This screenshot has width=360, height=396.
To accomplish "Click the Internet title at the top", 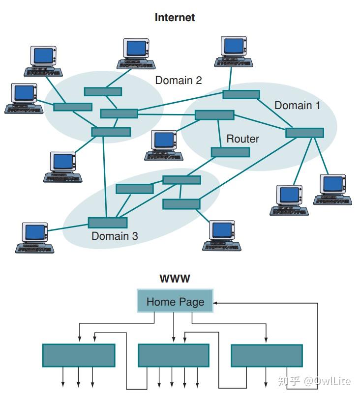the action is [175, 18].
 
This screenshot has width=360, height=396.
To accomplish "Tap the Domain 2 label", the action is [179, 80].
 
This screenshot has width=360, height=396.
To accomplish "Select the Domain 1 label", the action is [298, 105].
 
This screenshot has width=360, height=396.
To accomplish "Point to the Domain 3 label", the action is [115, 236].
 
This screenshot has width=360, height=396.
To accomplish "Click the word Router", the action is [242, 139].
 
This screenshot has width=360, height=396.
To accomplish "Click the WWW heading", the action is [175, 279].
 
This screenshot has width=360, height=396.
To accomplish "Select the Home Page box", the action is [175, 301].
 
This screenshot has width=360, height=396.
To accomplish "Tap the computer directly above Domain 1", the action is [234, 52].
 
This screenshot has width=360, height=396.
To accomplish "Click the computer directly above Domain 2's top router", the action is [136, 54].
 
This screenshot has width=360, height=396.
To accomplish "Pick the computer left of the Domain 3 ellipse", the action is [35, 238].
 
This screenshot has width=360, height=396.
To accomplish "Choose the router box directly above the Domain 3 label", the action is [108, 223].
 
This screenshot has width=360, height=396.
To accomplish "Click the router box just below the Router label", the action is [230, 152].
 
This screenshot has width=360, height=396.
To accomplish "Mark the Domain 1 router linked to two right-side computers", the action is [304, 133].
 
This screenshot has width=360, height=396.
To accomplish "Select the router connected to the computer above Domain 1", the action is [241, 94].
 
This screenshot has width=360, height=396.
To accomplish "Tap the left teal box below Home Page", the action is [79, 355].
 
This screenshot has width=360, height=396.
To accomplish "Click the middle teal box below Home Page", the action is [174, 355].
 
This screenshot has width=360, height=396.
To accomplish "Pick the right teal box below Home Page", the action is [267, 355].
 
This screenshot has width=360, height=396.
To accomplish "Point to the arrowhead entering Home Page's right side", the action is [215, 303].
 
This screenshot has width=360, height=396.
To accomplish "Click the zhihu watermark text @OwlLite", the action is [327, 381].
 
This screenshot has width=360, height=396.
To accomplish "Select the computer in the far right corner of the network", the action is [332, 190].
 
